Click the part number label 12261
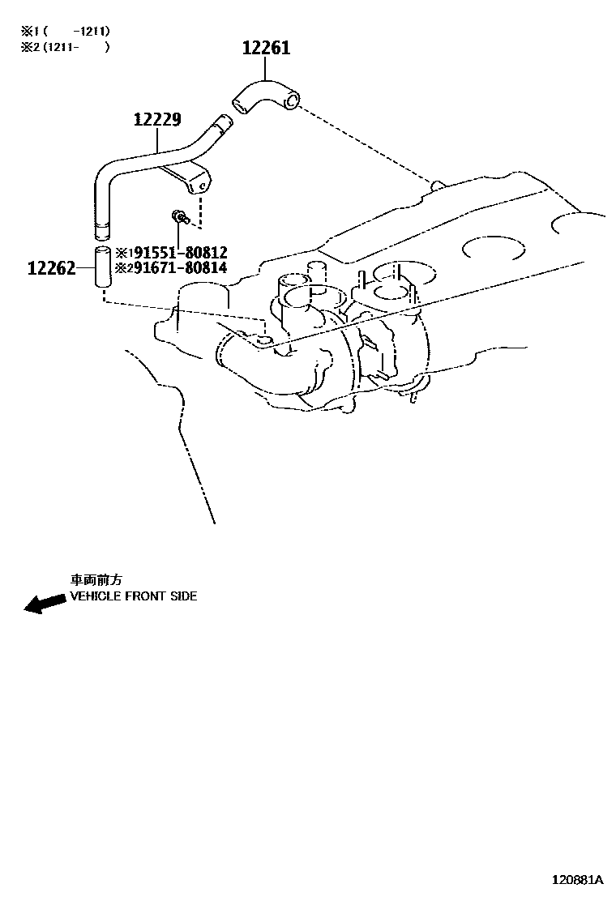(266, 48)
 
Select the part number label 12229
(157, 119)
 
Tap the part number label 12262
(52, 267)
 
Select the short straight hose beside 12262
(102, 267)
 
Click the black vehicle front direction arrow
(45, 603)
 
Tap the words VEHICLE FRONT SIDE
(133, 596)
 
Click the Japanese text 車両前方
(96, 580)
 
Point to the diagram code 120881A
(577, 879)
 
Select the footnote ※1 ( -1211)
(65, 31)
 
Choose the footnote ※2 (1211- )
(65, 46)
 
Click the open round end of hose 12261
(292, 101)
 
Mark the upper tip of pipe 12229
(224, 119)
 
